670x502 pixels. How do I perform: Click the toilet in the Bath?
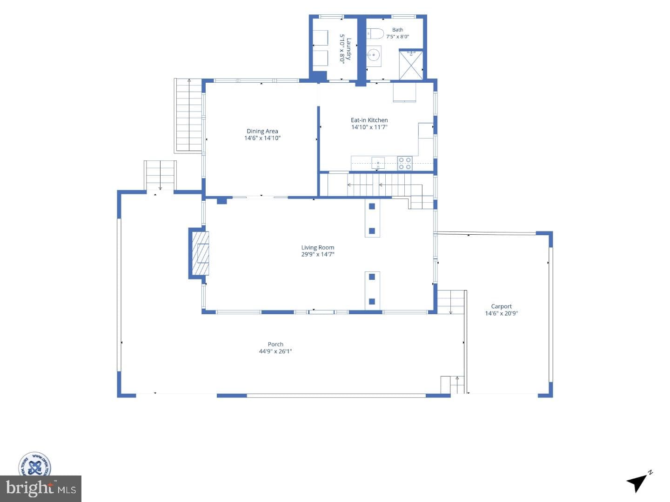[x=375, y=33]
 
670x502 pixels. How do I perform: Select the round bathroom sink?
[x=374, y=55]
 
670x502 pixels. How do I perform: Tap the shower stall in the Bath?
[x=411, y=65]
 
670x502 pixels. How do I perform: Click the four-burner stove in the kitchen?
[x=404, y=163]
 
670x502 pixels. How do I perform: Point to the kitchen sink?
[x=378, y=163]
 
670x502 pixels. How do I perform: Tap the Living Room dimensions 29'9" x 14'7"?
[x=318, y=254]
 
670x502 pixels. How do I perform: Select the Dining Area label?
[x=262, y=131]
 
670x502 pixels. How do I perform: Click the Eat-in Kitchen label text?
[x=369, y=120]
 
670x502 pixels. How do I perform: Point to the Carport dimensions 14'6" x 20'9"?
[x=502, y=313]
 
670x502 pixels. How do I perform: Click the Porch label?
[x=275, y=344]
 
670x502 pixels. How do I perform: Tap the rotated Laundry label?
[x=349, y=49]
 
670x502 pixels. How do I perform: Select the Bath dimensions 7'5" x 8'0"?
[x=397, y=37]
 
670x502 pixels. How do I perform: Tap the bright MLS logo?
[x=40, y=489]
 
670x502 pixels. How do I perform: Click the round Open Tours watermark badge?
[x=35, y=464]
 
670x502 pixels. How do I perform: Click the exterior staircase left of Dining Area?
[x=188, y=115]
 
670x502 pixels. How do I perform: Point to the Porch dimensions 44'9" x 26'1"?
[x=275, y=351]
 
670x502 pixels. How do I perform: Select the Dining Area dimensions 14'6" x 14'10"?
[x=262, y=138]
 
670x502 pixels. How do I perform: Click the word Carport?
[x=501, y=306]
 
